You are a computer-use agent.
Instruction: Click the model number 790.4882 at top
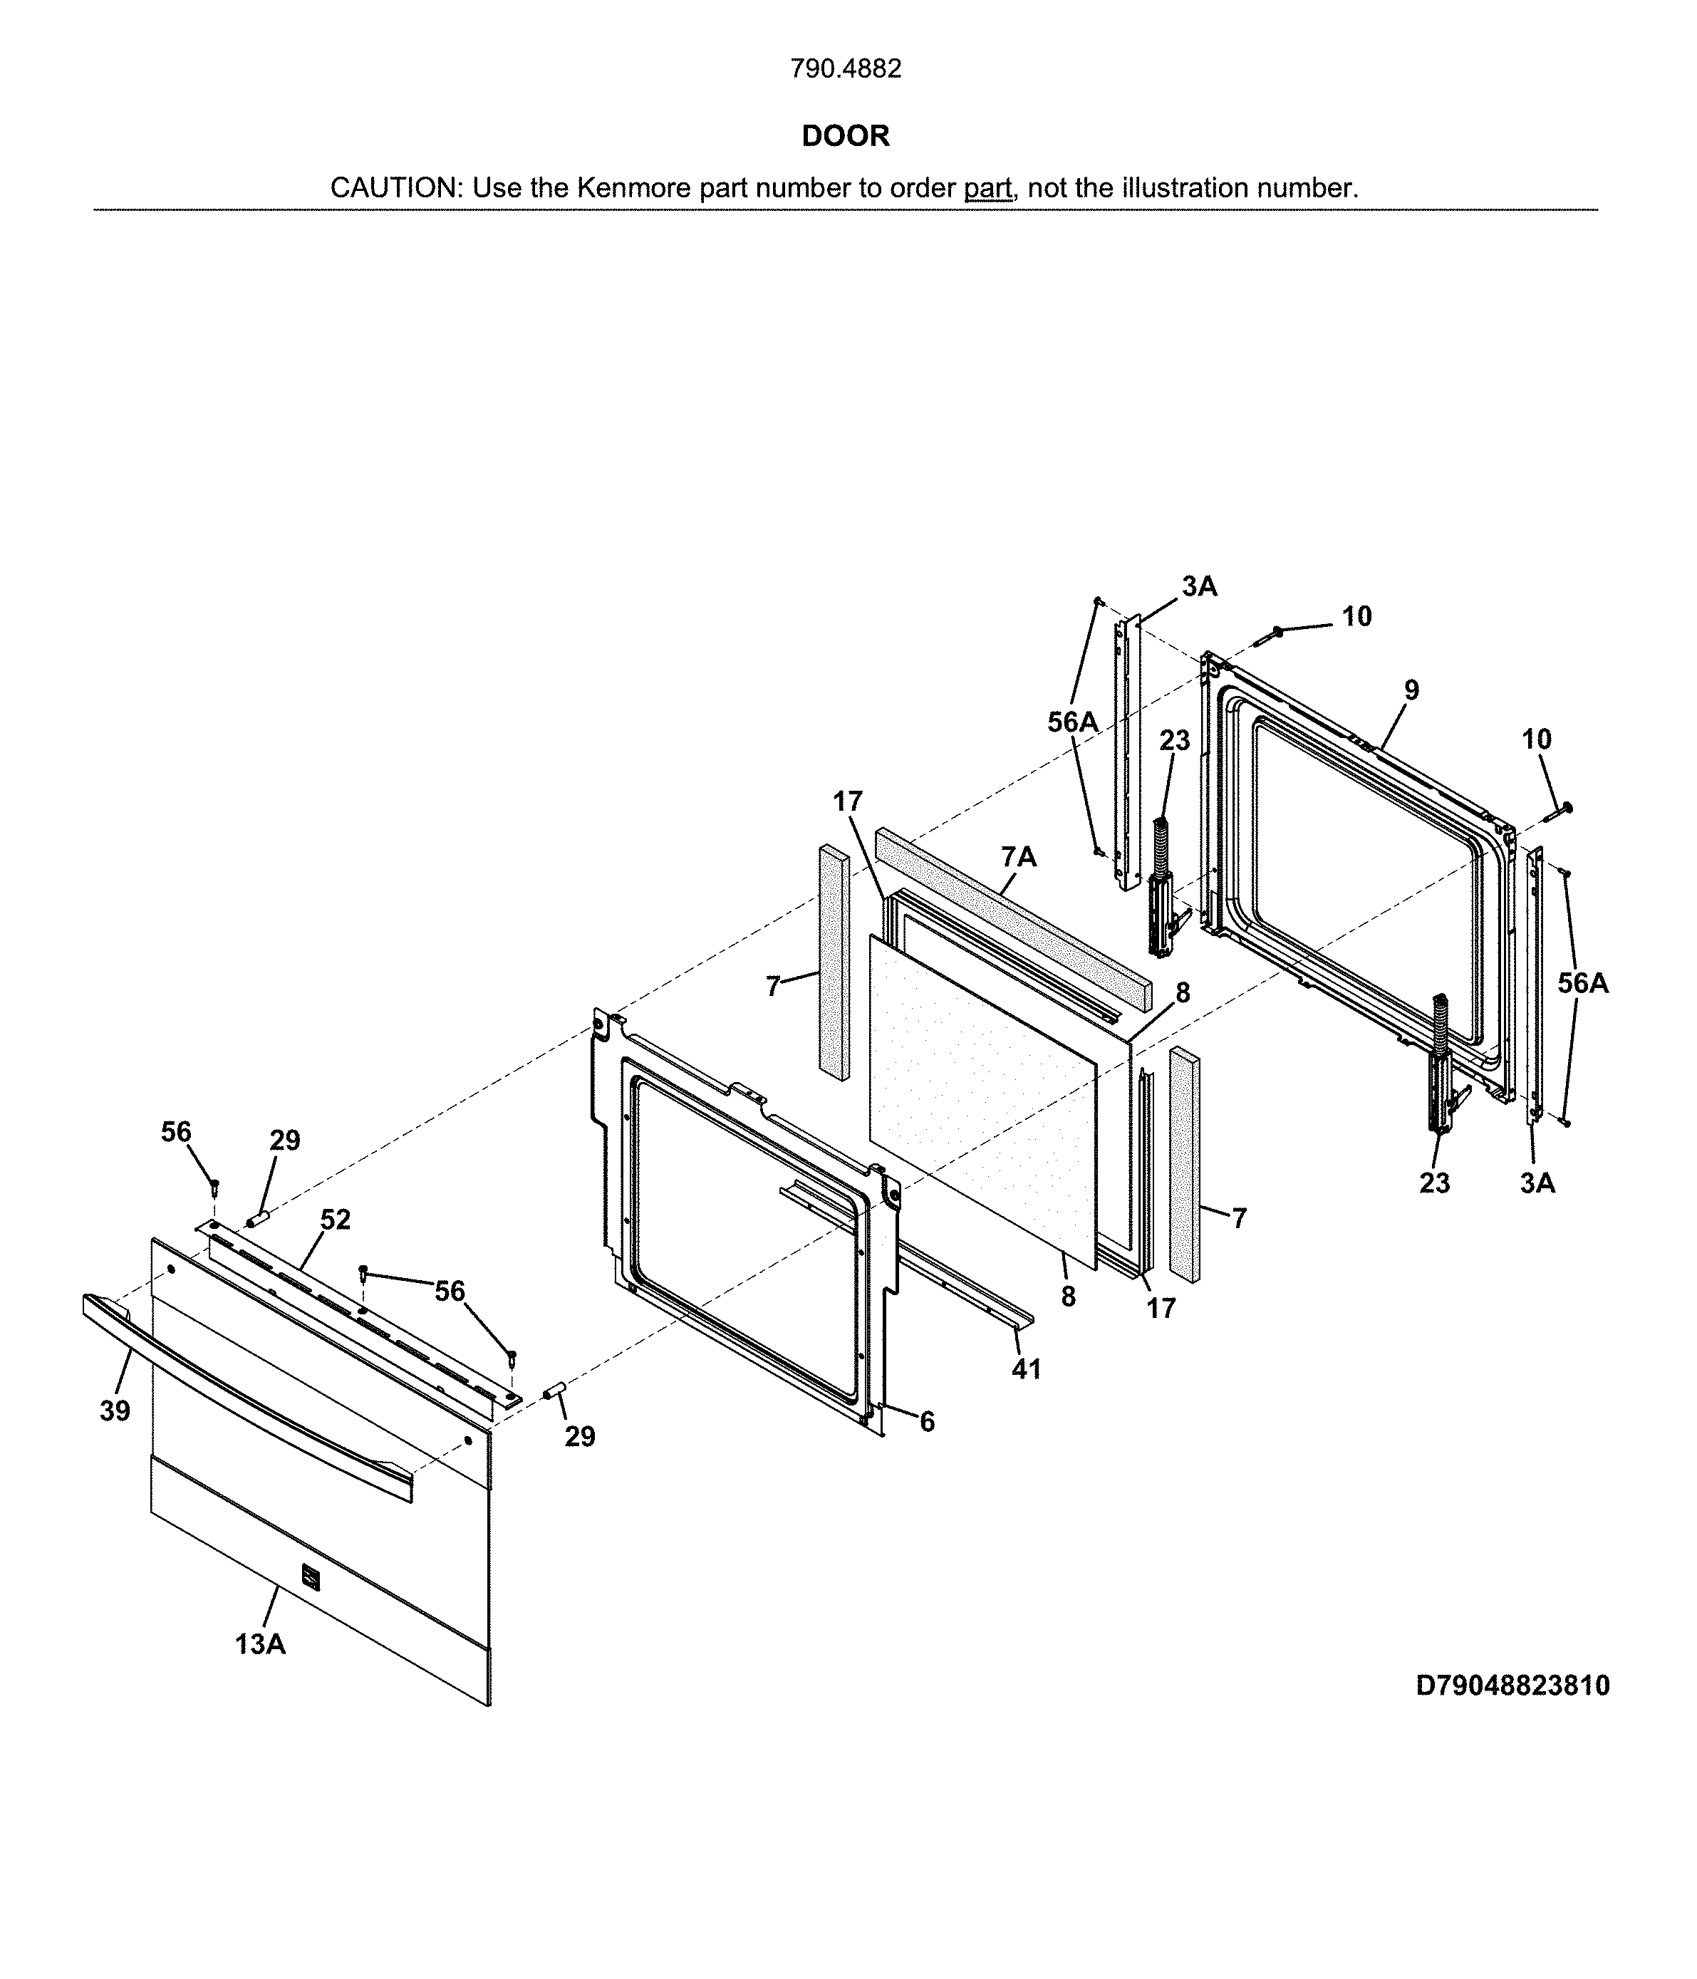tap(845, 69)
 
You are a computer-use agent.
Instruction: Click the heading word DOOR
tap(845, 135)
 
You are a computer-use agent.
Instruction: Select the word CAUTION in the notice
tap(395, 188)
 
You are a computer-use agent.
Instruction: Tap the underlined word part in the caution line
tap(987, 188)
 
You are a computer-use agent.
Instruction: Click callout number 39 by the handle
tap(115, 1411)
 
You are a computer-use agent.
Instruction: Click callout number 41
tap(1026, 1368)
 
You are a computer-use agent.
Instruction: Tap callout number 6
tap(926, 1422)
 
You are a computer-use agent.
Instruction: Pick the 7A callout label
tap(1019, 857)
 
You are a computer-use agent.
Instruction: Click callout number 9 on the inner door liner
tap(1411, 690)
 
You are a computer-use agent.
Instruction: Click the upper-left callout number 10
tap(1356, 616)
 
